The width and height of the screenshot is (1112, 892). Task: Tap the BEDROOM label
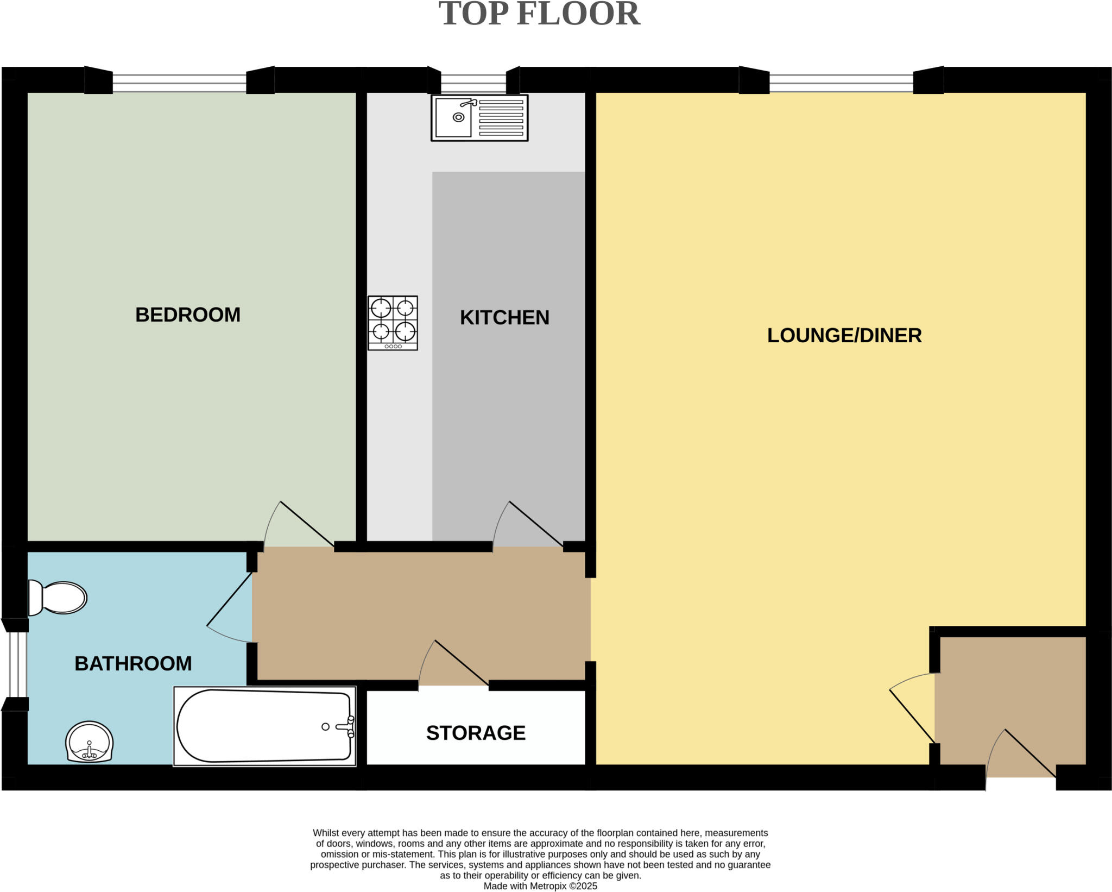(x=188, y=315)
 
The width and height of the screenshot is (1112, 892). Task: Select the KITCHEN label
(x=504, y=317)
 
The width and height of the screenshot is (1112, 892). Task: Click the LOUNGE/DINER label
(x=844, y=335)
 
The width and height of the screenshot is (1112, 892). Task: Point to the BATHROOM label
(x=133, y=663)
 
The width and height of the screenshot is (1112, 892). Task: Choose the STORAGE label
(x=476, y=733)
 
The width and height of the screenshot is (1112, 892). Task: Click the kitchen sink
(x=479, y=118)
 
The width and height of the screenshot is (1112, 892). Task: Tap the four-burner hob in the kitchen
(x=393, y=323)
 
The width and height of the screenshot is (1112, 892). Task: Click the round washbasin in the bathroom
(x=89, y=742)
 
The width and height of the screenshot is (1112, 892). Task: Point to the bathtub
(x=264, y=726)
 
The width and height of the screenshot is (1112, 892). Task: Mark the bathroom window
(x=16, y=664)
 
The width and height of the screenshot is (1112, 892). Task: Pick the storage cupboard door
(x=453, y=664)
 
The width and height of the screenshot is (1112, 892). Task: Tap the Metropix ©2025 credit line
(x=540, y=886)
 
